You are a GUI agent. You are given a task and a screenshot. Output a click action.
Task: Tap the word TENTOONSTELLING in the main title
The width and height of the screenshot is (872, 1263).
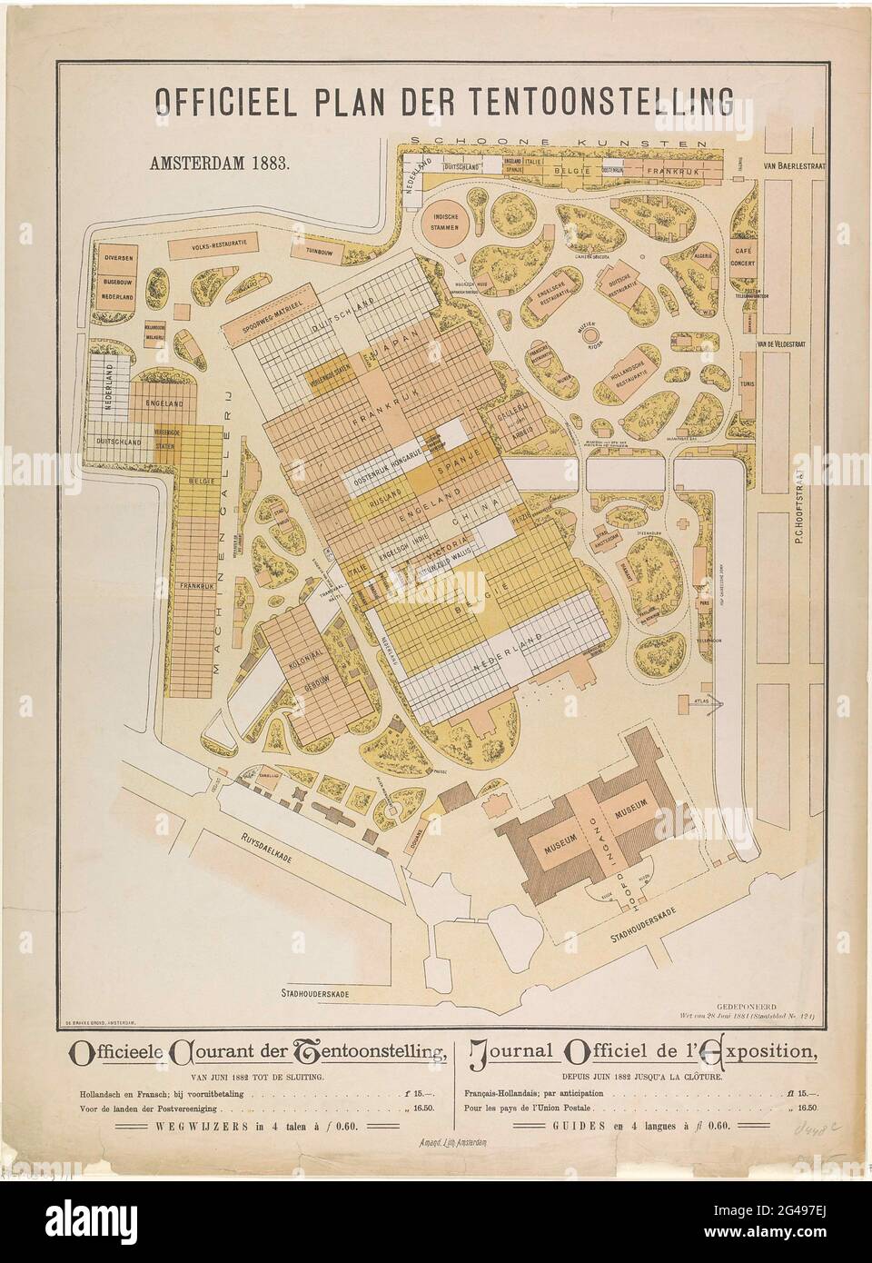pyautogui.click(x=583, y=97)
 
